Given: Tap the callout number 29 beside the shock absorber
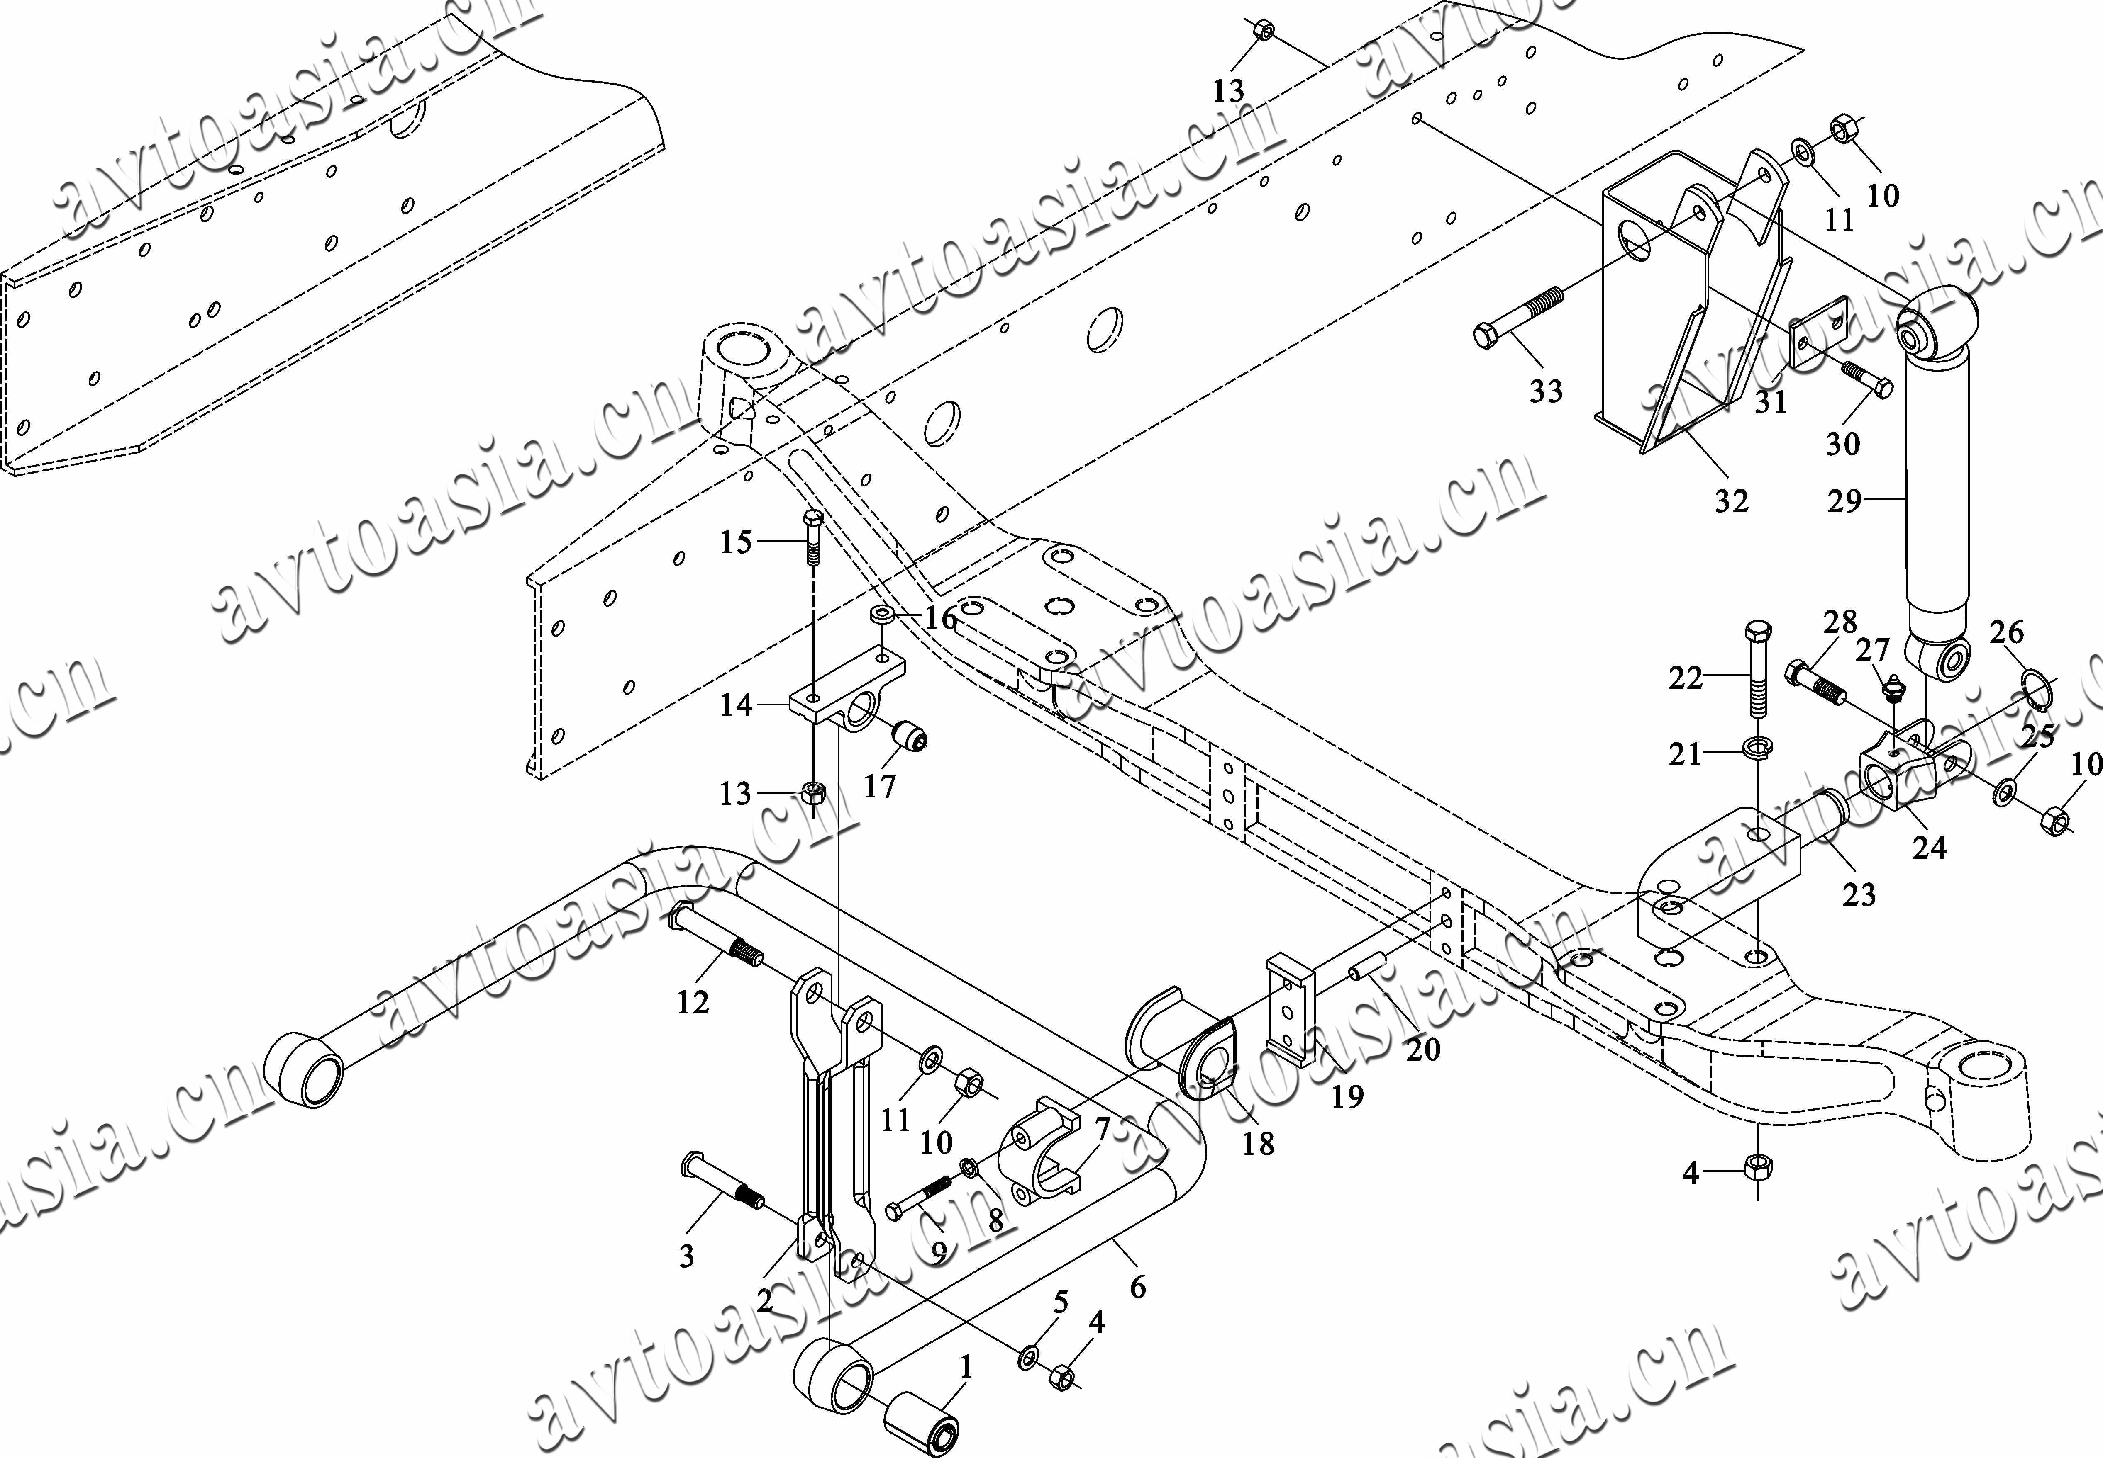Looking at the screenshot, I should coord(1844,501).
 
